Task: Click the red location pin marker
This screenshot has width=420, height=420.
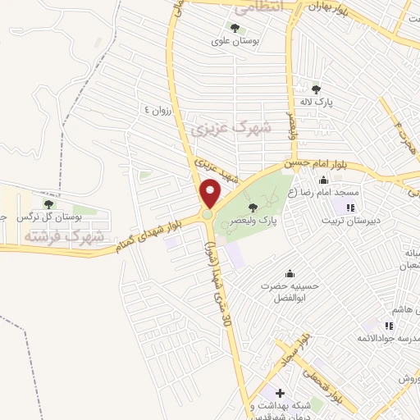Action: [x=211, y=192]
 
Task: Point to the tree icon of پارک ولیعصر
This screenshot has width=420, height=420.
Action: [x=252, y=207]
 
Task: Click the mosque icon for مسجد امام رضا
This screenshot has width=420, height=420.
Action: [x=324, y=180]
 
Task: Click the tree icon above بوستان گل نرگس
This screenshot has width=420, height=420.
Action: [x=48, y=203]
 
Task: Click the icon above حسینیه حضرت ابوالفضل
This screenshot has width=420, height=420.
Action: [x=288, y=274]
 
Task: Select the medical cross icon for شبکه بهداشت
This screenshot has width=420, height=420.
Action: [x=279, y=395]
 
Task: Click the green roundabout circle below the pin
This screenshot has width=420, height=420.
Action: [x=208, y=215]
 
